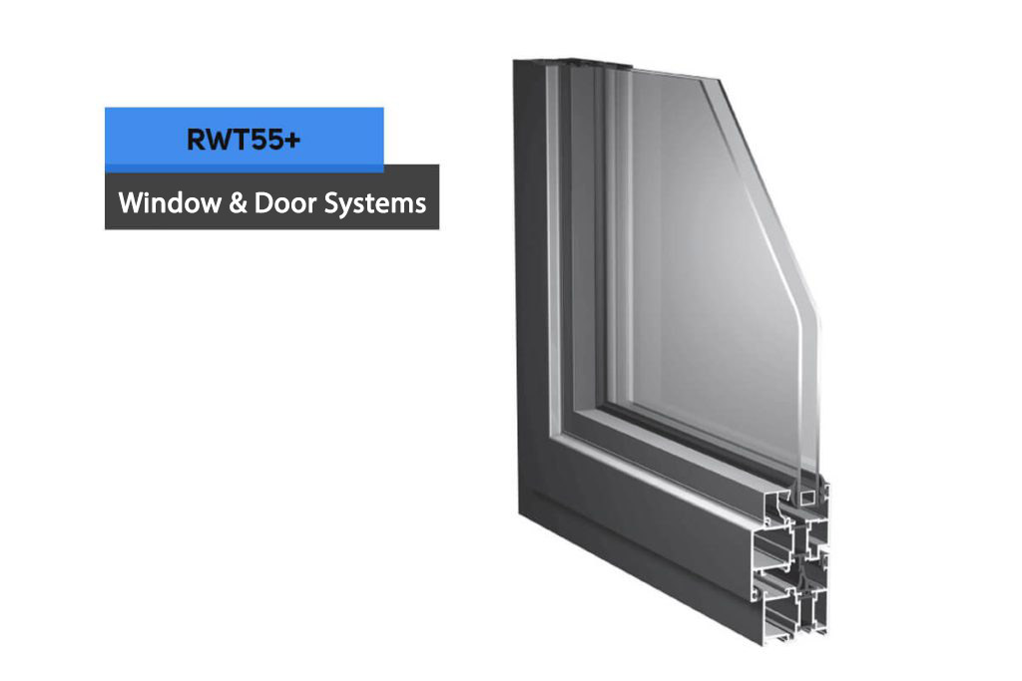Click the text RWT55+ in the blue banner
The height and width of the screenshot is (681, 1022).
coord(244,140)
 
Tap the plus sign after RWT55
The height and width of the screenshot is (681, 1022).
coord(293,140)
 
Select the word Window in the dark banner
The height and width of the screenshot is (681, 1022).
coord(170,202)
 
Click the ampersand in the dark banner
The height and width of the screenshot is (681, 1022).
coord(238,203)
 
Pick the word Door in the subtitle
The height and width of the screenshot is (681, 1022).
coord(284,202)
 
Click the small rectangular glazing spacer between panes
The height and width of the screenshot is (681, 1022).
coord(808,497)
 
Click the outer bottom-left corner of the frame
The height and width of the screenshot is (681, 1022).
coord(519,512)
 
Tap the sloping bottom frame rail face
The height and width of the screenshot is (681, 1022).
coord(639,527)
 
